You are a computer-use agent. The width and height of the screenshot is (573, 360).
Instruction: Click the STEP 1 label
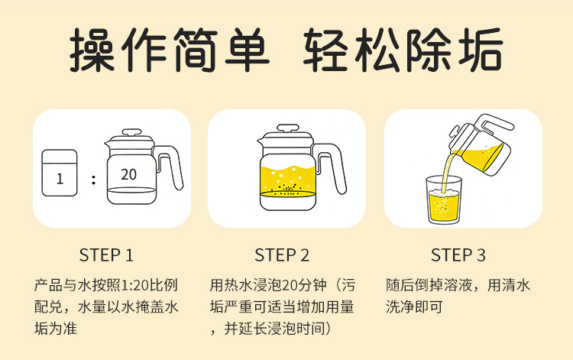(106, 255)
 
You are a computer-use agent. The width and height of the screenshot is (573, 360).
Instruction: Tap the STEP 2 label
(282, 255)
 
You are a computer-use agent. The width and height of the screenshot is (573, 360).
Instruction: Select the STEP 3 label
(458, 255)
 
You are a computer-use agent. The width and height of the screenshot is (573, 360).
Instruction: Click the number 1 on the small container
(60, 179)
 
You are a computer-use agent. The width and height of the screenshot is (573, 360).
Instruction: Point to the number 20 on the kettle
(128, 174)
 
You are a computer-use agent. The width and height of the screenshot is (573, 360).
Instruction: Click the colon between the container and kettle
(94, 180)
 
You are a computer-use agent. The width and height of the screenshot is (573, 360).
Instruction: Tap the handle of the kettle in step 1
(169, 167)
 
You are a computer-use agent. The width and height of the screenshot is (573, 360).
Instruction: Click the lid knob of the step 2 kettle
(288, 128)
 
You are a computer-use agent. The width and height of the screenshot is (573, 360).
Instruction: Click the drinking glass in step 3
(444, 199)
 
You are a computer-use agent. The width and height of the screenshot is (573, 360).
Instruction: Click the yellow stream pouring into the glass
(448, 171)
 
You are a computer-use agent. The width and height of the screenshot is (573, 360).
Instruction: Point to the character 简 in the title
(196, 50)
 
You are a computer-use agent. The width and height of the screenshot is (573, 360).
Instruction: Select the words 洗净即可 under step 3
(414, 307)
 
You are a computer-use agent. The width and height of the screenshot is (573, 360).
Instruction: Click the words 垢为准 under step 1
(56, 329)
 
